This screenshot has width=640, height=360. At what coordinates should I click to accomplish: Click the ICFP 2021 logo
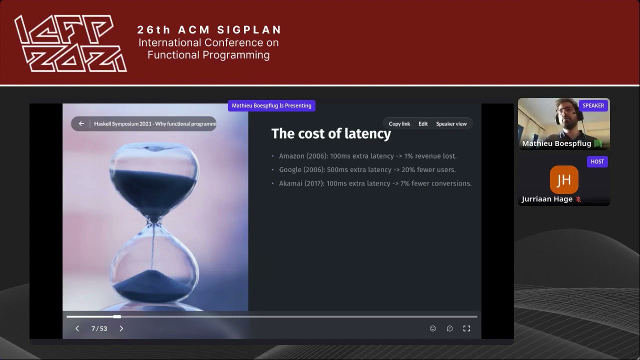click(70, 43)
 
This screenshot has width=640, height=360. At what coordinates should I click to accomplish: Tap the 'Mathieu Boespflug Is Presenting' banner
click(271, 105)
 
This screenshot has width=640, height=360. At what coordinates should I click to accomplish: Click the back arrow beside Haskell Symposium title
click(81, 123)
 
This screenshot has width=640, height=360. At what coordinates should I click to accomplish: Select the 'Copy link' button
click(399, 123)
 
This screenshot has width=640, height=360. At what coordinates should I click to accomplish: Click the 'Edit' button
click(423, 123)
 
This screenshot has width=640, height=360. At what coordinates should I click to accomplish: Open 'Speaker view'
click(451, 123)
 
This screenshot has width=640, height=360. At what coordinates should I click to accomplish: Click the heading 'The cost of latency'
click(331, 133)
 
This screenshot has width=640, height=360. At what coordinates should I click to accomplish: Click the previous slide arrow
click(77, 328)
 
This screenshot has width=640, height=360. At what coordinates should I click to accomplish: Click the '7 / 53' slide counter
click(99, 328)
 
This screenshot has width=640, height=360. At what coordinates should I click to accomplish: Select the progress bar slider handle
click(117, 316)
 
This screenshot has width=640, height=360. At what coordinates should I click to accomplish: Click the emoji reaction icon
click(433, 328)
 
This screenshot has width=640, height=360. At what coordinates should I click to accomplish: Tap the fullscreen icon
click(466, 328)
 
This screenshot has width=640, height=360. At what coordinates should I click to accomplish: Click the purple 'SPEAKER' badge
click(593, 105)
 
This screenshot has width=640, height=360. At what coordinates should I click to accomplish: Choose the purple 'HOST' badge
click(597, 161)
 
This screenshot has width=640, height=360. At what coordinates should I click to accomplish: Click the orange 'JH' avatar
click(564, 179)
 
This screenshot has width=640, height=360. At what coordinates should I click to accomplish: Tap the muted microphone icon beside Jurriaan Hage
click(578, 199)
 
